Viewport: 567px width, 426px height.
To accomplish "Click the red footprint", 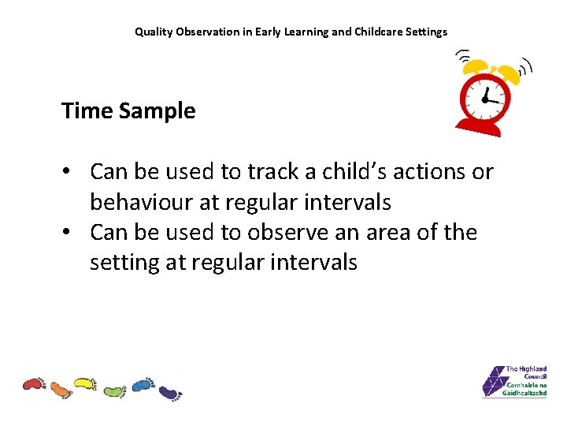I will pos(35,384).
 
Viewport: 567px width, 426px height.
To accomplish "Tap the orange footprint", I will pos(61,389).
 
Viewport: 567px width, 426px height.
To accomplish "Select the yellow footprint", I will pos(85,384).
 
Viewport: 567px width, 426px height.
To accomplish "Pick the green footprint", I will pos(114,390).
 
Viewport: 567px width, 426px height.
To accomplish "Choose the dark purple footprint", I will pos(169,391).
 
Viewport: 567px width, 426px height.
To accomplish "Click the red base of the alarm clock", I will pos(478,125).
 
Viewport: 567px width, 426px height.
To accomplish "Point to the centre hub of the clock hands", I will pos(484,99).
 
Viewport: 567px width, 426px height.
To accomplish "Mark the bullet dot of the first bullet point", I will pos(70,172).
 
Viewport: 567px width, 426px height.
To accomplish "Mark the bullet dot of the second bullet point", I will pos(70,233).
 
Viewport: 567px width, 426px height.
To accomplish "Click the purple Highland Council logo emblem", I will pos(493,381).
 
